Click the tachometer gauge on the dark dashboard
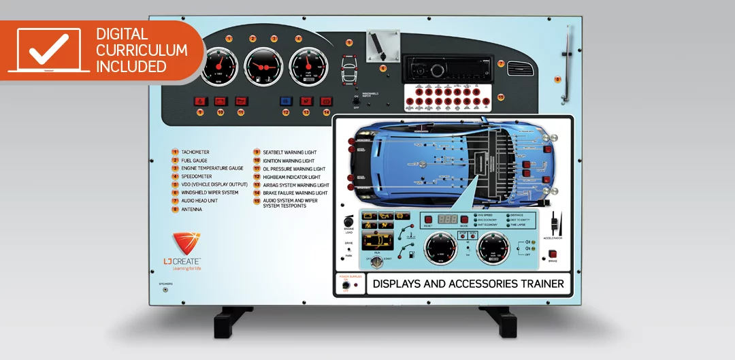218,67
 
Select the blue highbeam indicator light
287,101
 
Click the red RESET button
428,219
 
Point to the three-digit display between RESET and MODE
447,219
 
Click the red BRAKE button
553,255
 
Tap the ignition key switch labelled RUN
372,260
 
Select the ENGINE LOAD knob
349,221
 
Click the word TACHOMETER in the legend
195,152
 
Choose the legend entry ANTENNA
191,210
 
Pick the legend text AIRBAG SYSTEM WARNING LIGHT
296,185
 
